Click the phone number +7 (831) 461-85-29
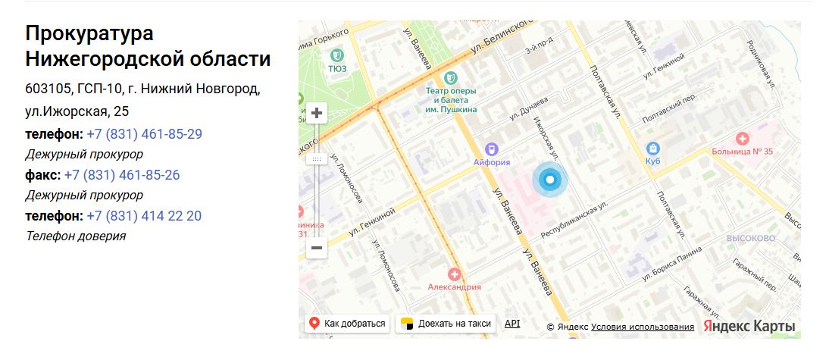pyautogui.click(x=144, y=134)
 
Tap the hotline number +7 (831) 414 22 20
pyautogui.click(x=144, y=216)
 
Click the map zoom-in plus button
pyautogui.click(x=317, y=114)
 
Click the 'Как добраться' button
pyautogui.click(x=348, y=324)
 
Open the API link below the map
pyautogui.click(x=512, y=324)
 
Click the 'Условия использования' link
pyautogui.click(x=643, y=327)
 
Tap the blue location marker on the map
pyautogui.click(x=550, y=180)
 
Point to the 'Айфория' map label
pyautogui.click(x=492, y=161)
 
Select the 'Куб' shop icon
pyautogui.click(x=652, y=149)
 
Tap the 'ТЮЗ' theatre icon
pyautogui.click(x=337, y=55)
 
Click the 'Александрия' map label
pyautogui.click(x=455, y=286)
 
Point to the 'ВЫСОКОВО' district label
pyautogui.click(x=750, y=237)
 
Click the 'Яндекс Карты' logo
pyautogui.click(x=749, y=326)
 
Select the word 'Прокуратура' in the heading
pyautogui.click(x=89, y=34)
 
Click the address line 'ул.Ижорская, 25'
pyautogui.click(x=77, y=111)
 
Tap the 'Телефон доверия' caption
pyautogui.click(x=76, y=236)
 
